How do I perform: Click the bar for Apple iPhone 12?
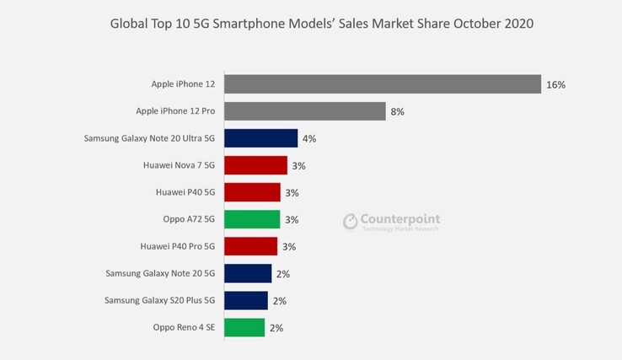(x=383, y=84)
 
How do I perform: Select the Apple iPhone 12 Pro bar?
(x=305, y=111)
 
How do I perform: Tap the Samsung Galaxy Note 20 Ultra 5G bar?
(x=260, y=138)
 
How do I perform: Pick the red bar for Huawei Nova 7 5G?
(x=255, y=165)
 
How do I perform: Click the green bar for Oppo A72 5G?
(x=252, y=219)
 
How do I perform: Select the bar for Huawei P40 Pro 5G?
(x=250, y=246)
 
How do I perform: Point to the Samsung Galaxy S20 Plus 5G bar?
(x=246, y=300)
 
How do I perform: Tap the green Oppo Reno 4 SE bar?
(x=244, y=327)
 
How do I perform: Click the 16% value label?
(x=555, y=85)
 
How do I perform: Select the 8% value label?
(x=399, y=112)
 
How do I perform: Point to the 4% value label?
(x=309, y=139)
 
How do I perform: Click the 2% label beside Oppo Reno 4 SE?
(x=276, y=328)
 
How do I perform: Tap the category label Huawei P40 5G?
(x=185, y=192)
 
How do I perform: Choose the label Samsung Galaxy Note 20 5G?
(x=160, y=273)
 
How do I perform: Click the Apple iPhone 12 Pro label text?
(x=175, y=111)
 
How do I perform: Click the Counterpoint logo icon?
(x=351, y=222)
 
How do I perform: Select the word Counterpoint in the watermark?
(x=401, y=219)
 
